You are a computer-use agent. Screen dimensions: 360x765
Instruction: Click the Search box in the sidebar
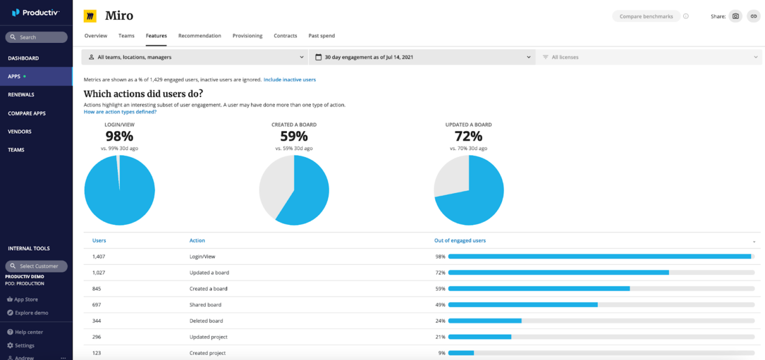36,37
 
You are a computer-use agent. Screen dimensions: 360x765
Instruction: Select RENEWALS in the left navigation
21,94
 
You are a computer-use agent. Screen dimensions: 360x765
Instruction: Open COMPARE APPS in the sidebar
27,113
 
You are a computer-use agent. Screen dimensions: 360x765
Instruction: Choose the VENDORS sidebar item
20,132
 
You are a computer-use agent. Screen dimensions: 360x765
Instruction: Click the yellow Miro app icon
90,16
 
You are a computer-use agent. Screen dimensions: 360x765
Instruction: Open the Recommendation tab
200,36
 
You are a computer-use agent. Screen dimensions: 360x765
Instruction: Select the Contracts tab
285,36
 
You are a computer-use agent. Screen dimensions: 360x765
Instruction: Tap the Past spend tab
322,36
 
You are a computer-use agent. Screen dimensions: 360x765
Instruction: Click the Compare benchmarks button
645,16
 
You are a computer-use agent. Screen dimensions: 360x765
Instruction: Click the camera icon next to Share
736,16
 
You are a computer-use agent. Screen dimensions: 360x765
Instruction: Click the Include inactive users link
289,80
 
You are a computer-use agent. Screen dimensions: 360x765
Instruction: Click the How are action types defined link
120,112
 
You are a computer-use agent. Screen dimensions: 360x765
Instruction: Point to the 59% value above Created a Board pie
294,136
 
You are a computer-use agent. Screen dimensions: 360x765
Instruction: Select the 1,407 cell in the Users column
98,257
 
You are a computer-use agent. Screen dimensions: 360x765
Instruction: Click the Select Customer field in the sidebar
36,266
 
